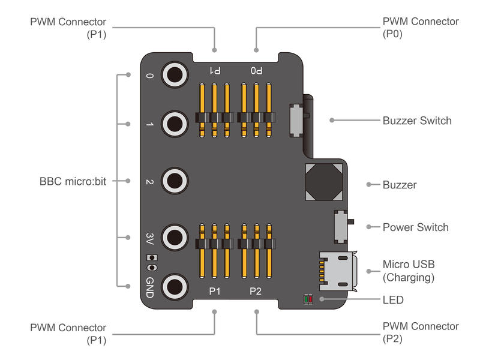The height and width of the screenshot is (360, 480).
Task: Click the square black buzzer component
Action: [x=325, y=182]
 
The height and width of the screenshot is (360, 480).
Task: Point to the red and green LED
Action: [x=308, y=299]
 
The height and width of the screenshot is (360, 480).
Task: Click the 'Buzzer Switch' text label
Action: [x=417, y=121]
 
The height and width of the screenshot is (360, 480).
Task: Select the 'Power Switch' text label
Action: [x=415, y=227]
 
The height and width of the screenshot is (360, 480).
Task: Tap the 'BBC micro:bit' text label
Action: [x=73, y=181]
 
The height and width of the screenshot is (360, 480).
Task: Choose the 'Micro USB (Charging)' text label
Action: [x=409, y=271]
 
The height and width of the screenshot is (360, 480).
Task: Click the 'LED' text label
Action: [x=393, y=299]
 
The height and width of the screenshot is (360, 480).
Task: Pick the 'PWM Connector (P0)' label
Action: [x=421, y=28]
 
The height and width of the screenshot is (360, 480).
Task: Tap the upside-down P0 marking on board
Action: [x=256, y=70]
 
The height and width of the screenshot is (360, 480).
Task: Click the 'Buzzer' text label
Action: [x=400, y=185]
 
